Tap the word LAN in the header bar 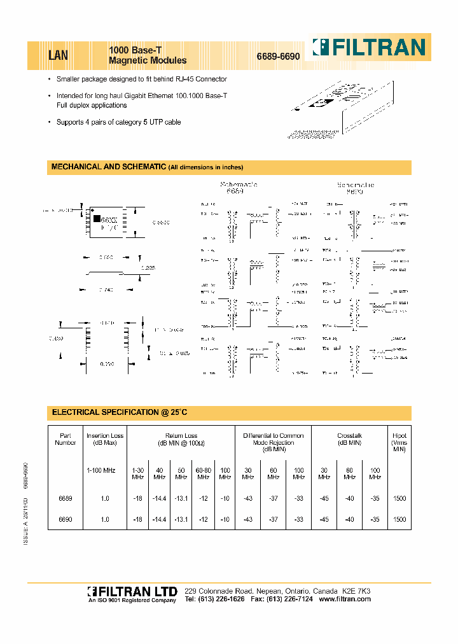tap(59, 55)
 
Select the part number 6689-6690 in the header tap(278, 57)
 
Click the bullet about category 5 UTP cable tap(118, 122)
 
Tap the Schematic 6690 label tap(355, 187)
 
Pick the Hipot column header tap(399, 442)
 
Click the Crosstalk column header tap(349, 439)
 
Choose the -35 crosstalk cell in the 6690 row tap(375, 519)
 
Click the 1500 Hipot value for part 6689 tap(399, 498)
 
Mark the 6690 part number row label tap(65, 519)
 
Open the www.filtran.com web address tap(344, 599)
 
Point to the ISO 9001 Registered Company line tap(131, 600)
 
